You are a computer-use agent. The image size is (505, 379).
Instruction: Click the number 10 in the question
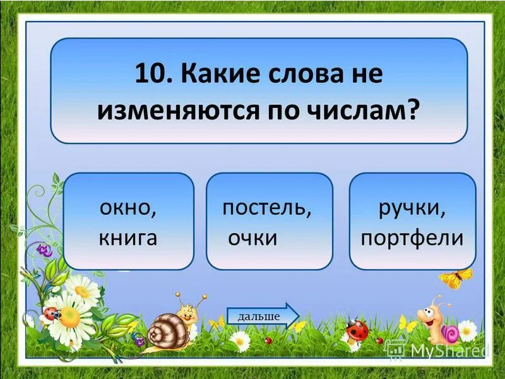(x=149, y=75)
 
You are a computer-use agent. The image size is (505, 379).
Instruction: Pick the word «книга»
(x=128, y=238)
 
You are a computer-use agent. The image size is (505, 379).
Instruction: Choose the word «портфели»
(x=412, y=238)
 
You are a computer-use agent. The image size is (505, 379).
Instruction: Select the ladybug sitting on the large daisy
(x=52, y=313)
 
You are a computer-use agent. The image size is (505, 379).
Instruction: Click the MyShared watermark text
(x=448, y=349)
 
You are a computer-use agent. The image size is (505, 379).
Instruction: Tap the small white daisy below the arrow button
(x=240, y=341)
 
